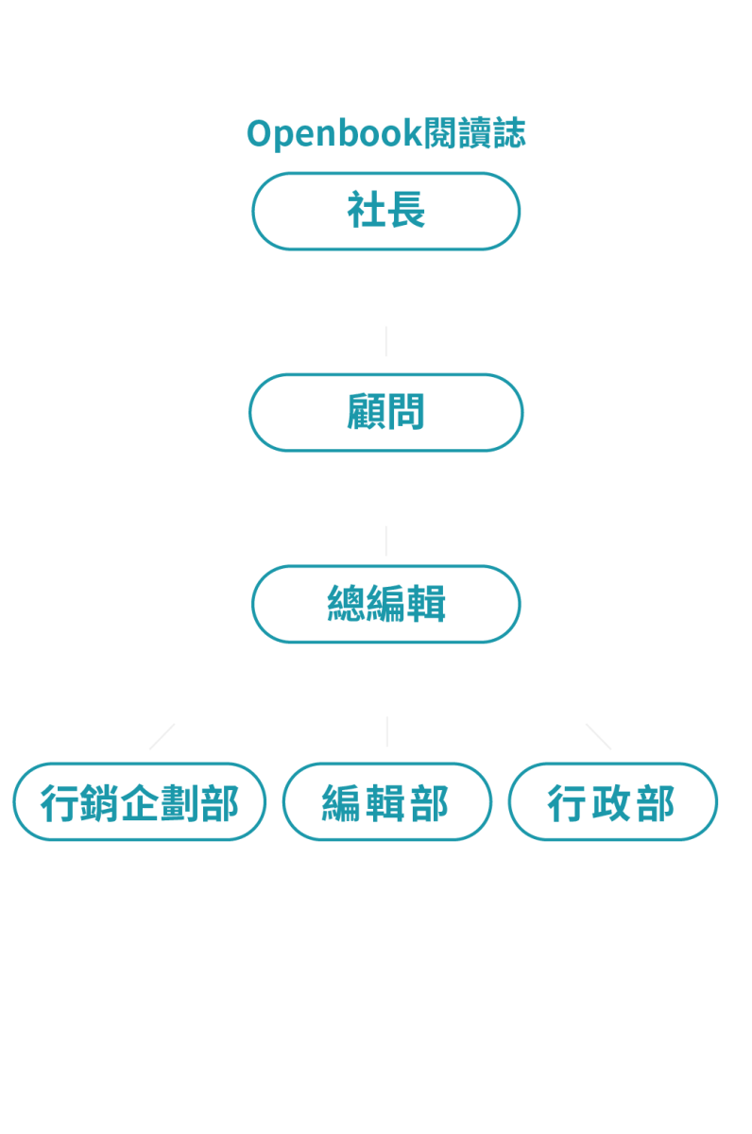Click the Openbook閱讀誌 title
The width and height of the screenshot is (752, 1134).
click(x=385, y=134)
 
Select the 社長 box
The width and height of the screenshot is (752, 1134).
click(x=385, y=211)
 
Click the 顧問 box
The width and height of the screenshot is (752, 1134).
click(x=385, y=412)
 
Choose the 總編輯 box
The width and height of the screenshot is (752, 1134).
click(x=385, y=604)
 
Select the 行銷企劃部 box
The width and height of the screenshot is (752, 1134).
click(x=140, y=802)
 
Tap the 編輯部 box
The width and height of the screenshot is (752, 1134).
click(x=386, y=802)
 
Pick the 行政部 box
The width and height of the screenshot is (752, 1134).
click(x=612, y=802)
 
